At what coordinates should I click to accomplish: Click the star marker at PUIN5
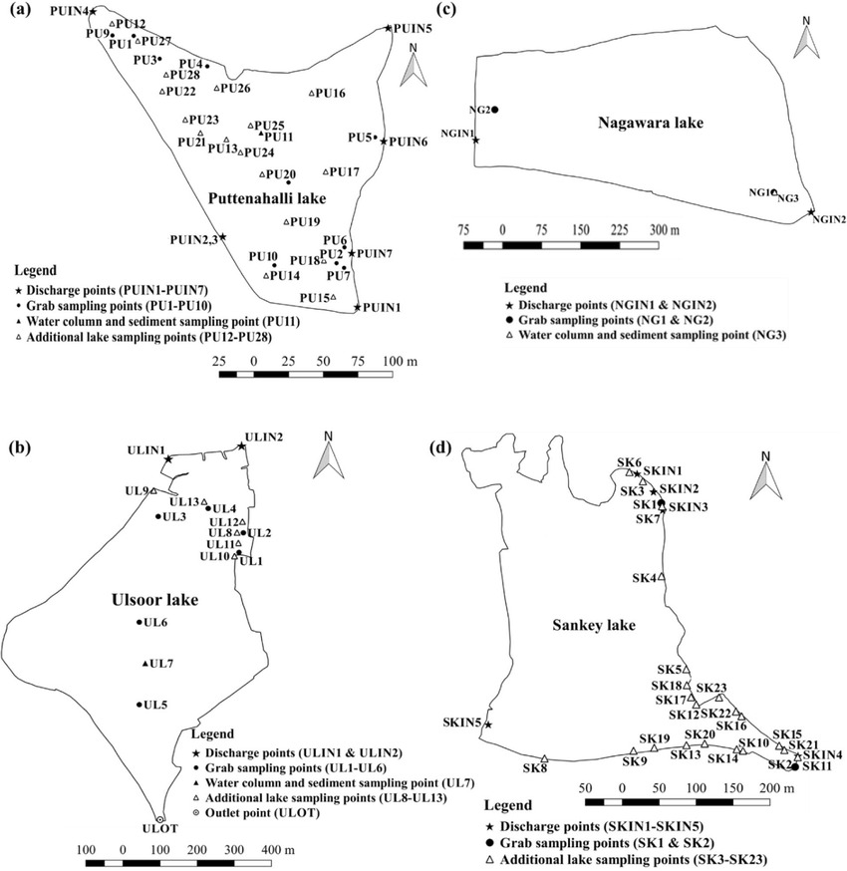[x=389, y=29]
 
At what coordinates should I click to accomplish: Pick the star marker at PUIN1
[x=358, y=306]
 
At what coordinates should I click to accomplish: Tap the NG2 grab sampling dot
[x=495, y=110]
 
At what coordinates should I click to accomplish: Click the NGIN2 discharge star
[x=812, y=212]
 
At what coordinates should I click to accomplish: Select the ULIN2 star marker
[x=241, y=446]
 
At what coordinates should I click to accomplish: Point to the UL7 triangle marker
[x=145, y=664]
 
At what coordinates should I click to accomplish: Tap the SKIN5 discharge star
[x=487, y=725]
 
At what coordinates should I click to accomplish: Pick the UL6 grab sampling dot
[x=139, y=624]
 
